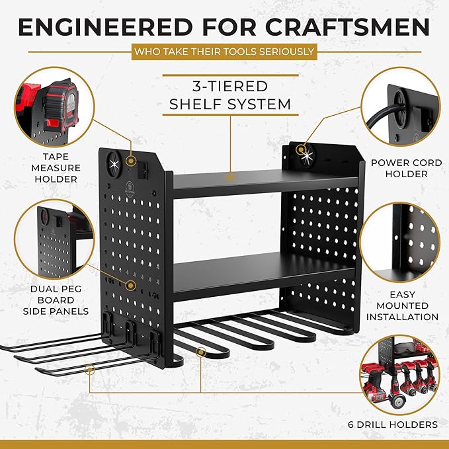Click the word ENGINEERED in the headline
click(x=105, y=28)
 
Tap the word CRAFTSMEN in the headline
click(x=347, y=28)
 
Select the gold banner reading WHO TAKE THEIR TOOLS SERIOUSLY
click(x=224, y=52)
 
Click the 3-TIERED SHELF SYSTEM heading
click(x=230, y=95)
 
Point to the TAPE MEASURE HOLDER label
click(x=56, y=168)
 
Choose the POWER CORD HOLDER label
click(x=406, y=168)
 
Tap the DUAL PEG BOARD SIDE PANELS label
click(x=56, y=300)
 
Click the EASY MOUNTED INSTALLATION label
click(x=402, y=306)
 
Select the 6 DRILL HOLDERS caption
click(x=393, y=424)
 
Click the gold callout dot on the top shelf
click(x=230, y=177)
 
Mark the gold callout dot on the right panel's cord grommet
click(x=300, y=149)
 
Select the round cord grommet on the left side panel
click(x=114, y=164)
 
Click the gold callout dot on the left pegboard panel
click(x=131, y=285)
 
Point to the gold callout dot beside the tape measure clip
click(x=131, y=161)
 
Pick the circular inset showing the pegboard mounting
click(x=399, y=242)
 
